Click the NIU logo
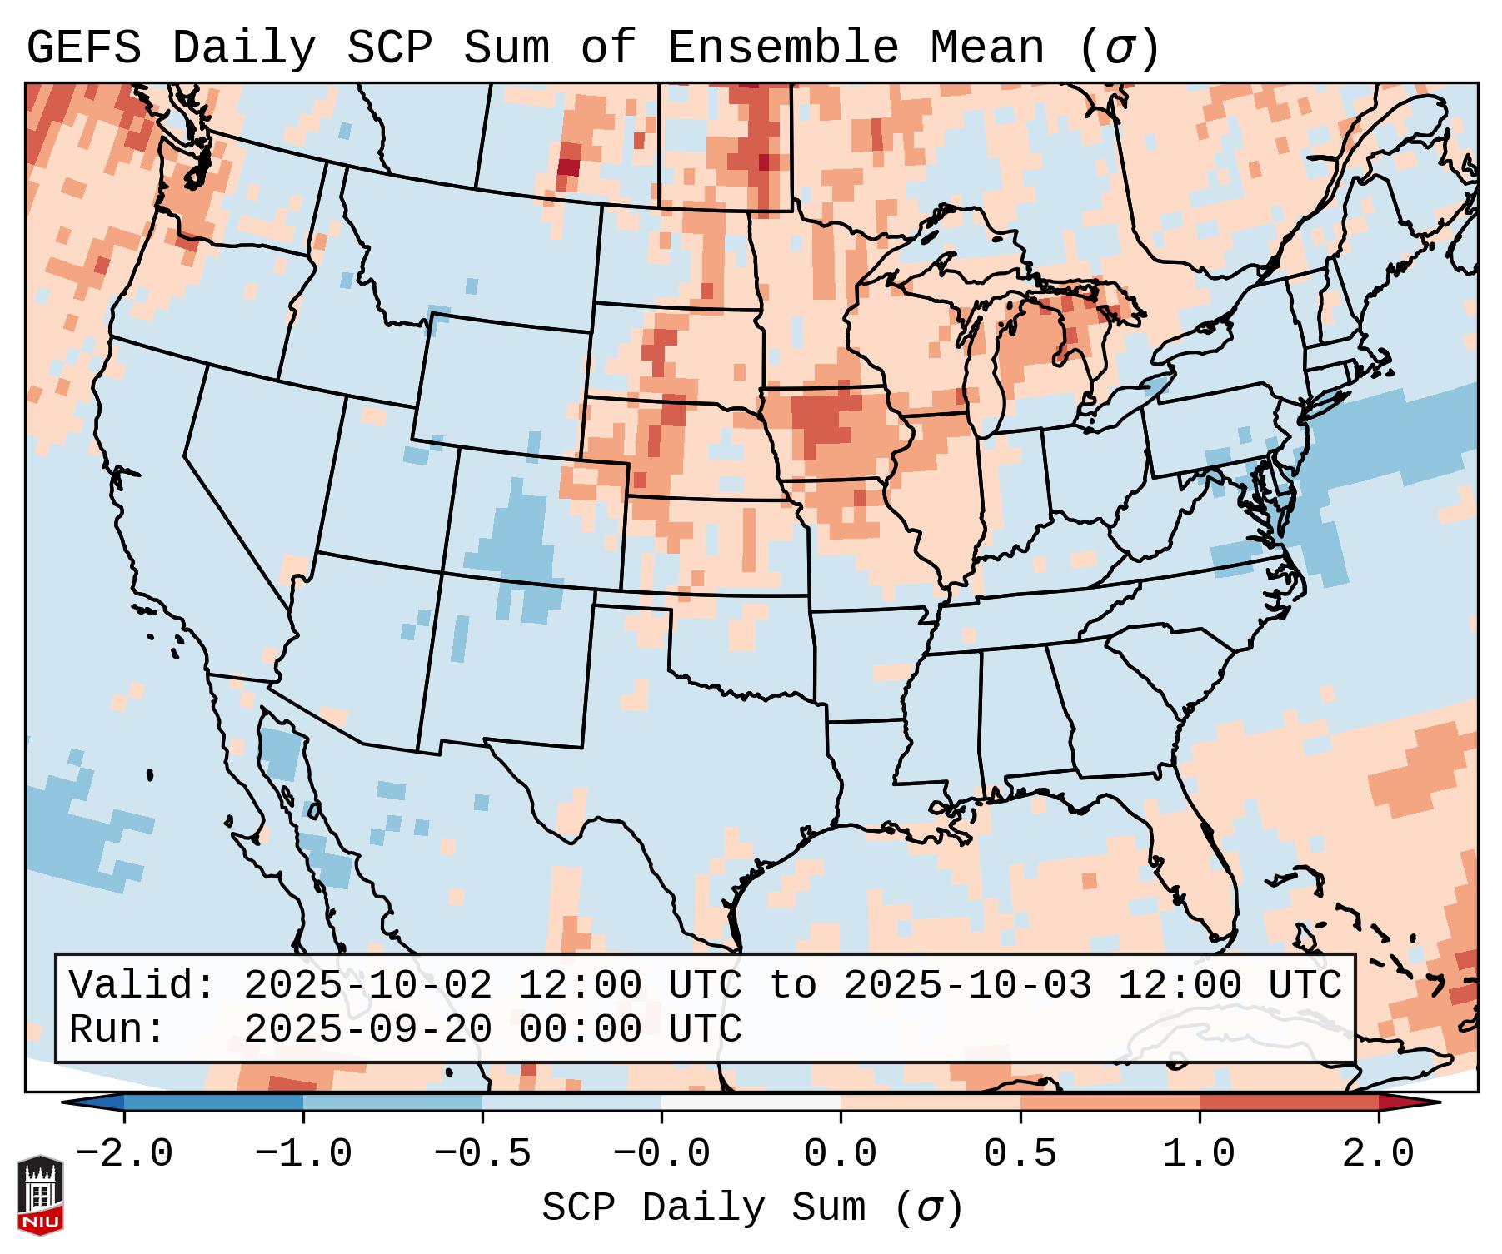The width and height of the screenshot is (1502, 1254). pyautogui.click(x=40, y=1195)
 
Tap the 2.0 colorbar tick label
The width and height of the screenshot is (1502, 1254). pyautogui.click(x=1378, y=1154)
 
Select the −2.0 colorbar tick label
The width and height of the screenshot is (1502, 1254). pyautogui.click(x=124, y=1154)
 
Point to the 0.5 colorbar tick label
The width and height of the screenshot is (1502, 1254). pyautogui.click(x=1020, y=1154)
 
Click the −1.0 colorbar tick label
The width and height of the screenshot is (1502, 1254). pyautogui.click(x=303, y=1154)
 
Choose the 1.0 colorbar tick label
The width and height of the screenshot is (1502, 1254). pyautogui.click(x=1199, y=1154)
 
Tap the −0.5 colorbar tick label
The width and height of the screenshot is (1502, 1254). pyautogui.click(x=482, y=1154)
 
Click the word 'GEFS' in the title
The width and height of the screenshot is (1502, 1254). pyautogui.click(x=84, y=47)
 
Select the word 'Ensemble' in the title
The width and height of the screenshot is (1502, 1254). pyautogui.click(x=783, y=47)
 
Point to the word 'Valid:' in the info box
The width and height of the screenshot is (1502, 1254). pyautogui.click(x=142, y=985)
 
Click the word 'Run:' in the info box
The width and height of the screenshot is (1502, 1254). pyautogui.click(x=117, y=1029)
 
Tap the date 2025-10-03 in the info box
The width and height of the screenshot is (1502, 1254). pyautogui.click(x=967, y=985)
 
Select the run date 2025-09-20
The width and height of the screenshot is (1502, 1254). pyautogui.click(x=367, y=1029)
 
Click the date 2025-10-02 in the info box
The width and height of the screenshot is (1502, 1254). pyautogui.click(x=367, y=985)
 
